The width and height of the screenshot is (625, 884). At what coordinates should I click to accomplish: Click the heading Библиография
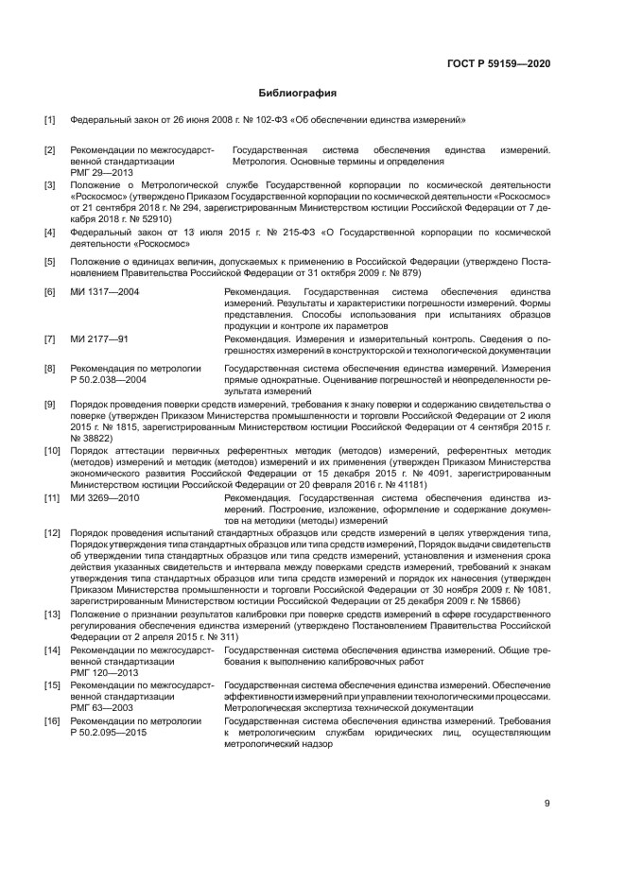(298, 94)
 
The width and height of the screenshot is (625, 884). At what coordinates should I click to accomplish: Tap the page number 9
(547, 804)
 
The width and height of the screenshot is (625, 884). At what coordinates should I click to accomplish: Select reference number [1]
(50, 120)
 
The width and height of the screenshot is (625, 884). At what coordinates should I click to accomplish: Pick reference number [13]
(53, 615)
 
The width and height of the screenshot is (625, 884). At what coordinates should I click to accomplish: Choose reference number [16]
(53, 720)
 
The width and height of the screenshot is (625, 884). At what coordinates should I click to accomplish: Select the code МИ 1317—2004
(105, 293)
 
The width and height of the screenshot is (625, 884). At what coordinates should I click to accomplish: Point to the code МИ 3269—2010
(105, 496)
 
